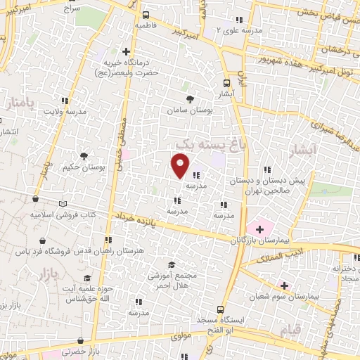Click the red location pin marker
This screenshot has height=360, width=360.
180,165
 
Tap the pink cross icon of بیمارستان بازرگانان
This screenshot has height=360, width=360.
259,229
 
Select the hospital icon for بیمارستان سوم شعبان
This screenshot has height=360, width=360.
284,285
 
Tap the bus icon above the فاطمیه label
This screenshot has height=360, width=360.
145,15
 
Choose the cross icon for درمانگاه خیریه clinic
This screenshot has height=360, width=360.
126,51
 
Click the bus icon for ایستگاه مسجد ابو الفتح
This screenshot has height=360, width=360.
221,309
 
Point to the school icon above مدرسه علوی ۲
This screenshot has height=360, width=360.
239,20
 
